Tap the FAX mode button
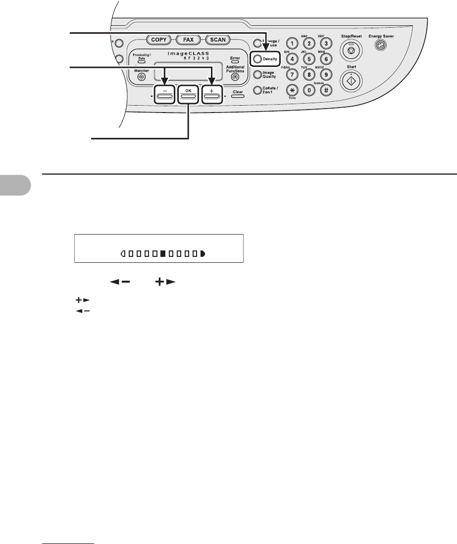point(188,39)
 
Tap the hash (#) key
point(325,91)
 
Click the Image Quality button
point(257,75)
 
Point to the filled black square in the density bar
point(163,254)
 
